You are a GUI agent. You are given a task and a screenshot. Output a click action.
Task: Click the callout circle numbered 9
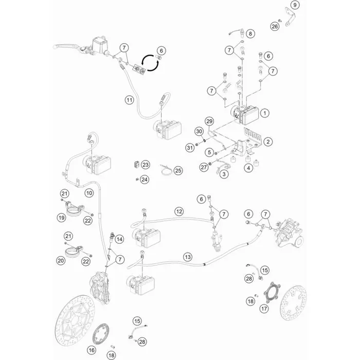click(x=295, y=5)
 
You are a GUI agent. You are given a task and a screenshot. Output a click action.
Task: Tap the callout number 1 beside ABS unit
click(x=265, y=113)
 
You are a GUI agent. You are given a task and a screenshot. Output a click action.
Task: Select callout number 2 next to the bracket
click(x=268, y=141)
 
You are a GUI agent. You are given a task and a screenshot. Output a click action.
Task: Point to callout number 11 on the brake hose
click(x=130, y=100)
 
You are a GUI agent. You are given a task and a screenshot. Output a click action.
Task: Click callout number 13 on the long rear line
click(x=188, y=257)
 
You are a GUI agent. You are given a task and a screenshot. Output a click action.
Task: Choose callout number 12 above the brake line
click(x=179, y=211)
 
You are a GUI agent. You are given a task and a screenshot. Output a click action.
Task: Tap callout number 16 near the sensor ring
click(x=92, y=350)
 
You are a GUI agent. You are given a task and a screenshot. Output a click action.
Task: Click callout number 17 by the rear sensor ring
click(x=264, y=309)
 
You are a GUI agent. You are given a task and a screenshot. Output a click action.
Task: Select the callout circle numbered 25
click(x=178, y=171)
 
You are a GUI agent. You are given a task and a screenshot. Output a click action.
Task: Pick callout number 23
click(x=146, y=165)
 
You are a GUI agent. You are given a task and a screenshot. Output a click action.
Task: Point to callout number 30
click(x=199, y=131)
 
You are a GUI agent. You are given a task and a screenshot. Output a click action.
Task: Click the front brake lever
click(x=66, y=45)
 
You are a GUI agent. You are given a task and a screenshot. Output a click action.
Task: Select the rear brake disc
click(x=293, y=302)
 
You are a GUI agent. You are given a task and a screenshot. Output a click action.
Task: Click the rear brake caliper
click(x=289, y=233)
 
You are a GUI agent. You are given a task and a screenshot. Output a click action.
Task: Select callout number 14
click(x=119, y=239)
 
